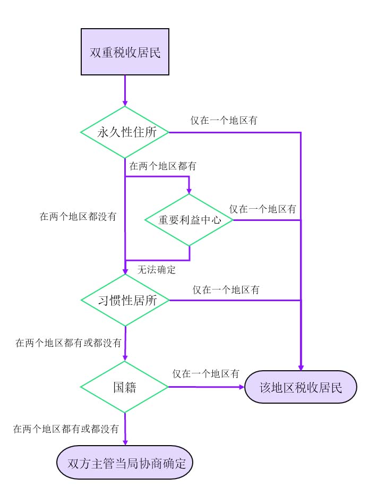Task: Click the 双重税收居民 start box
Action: tap(125, 53)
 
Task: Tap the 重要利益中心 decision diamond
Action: tap(189, 220)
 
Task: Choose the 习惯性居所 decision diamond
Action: tap(125, 300)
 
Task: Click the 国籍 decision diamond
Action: tap(125, 387)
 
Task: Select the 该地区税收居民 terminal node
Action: tap(301, 387)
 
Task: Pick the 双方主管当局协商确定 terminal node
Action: tap(125, 463)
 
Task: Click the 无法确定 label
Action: tap(157, 270)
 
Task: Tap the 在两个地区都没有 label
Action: tap(79, 217)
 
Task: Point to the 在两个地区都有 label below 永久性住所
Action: tap(163, 166)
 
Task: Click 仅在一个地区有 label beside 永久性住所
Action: tap(225, 121)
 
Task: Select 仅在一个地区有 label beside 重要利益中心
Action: tap(263, 209)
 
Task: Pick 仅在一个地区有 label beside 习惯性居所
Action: tap(226, 290)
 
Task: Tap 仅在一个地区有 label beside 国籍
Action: tap(205, 373)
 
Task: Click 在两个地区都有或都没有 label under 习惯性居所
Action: tap(68, 343)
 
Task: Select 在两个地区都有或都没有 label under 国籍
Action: tap(66, 429)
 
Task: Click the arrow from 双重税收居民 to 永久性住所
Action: tap(125, 90)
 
